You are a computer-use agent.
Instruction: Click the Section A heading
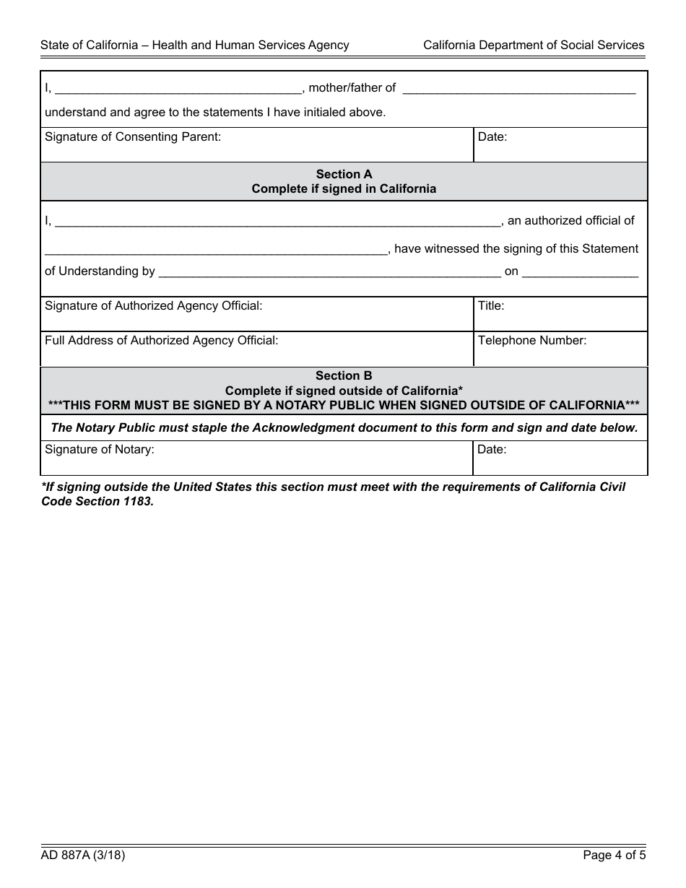point(344,174)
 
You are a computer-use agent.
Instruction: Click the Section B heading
point(344,375)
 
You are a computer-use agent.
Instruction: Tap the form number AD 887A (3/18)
point(83,856)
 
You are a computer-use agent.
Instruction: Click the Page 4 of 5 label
point(614,856)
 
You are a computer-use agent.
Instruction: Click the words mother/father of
point(352,88)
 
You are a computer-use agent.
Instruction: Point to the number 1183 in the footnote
point(139,502)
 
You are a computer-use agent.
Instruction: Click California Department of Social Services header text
point(534,45)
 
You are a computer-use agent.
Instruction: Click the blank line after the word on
point(580,272)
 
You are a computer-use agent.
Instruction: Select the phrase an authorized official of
point(570,221)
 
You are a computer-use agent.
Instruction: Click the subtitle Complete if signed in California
point(344,189)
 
